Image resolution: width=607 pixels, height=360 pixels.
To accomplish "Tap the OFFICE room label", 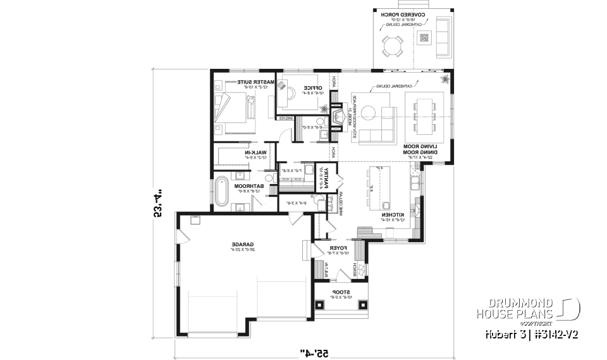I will [313, 87].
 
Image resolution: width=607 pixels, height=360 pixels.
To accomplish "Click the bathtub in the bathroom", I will [221, 192].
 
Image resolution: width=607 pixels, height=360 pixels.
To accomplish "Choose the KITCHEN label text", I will [393, 215].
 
